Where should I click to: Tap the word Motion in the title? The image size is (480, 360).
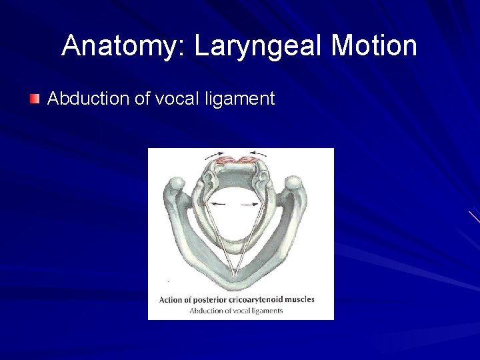(x=374, y=46)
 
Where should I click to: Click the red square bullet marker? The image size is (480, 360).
(x=34, y=99)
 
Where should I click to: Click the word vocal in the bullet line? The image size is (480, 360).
(x=176, y=99)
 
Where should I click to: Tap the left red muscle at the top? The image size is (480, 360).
(x=227, y=160)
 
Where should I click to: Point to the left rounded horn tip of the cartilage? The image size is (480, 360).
(x=177, y=183)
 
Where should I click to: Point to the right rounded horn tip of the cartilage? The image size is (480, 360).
(x=293, y=183)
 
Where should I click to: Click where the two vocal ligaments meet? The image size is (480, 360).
(x=235, y=273)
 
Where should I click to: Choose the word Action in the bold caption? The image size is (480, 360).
(x=170, y=299)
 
